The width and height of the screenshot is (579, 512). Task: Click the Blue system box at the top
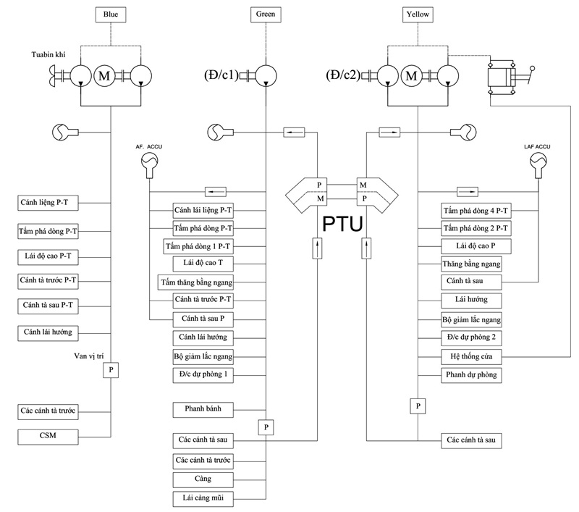110,14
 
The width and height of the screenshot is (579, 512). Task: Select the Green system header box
266,14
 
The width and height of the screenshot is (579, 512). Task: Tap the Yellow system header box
418,14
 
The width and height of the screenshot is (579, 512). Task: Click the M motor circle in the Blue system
104,75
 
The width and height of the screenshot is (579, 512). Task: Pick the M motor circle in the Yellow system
413,75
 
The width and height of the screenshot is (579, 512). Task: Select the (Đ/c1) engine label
221,75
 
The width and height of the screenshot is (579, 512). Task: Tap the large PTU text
342,224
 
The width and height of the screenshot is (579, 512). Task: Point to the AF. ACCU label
150,146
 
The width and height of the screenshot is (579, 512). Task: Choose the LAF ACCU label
536,146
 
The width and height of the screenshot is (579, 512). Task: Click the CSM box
48,436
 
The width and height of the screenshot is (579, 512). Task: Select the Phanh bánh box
203,409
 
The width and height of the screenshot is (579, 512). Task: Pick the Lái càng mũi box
203,498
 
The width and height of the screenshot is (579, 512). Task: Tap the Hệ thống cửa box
471,356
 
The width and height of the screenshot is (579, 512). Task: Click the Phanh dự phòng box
471,374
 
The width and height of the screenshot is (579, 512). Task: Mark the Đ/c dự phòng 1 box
203,374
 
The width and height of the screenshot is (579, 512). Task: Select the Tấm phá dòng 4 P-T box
476,211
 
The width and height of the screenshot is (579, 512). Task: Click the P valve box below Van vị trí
111,370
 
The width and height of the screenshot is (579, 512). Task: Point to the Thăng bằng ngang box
471,264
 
